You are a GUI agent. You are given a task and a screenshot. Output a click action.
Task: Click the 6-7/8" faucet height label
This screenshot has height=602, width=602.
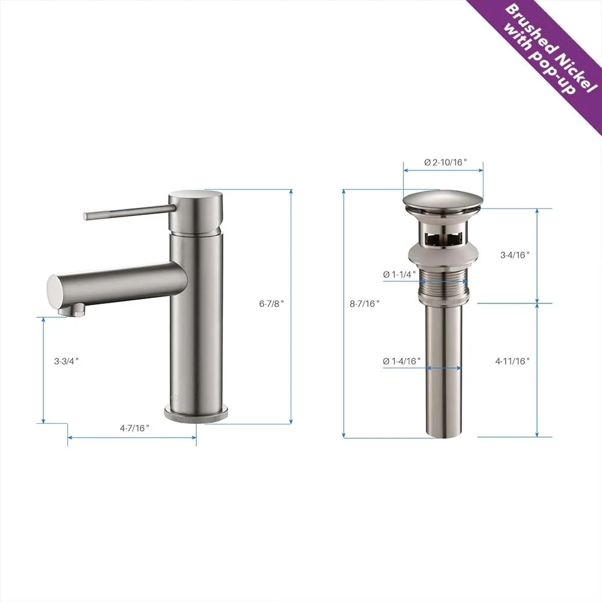click(272, 303)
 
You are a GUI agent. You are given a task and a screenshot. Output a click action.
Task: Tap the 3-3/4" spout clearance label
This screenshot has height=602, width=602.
click(66, 361)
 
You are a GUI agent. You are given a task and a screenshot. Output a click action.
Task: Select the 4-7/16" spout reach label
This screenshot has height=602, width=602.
click(134, 427)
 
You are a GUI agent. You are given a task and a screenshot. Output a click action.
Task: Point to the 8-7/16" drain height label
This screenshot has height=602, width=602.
click(364, 303)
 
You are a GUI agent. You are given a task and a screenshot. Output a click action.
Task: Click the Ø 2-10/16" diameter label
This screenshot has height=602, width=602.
click(445, 163)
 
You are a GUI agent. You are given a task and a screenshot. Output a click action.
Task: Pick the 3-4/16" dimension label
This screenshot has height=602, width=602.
click(515, 255)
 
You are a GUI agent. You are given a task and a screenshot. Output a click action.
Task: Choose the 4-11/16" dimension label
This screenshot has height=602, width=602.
click(512, 361)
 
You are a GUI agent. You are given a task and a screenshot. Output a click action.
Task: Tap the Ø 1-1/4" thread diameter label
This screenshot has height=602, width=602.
click(399, 274)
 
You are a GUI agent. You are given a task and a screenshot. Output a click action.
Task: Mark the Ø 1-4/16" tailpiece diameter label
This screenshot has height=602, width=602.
click(402, 361)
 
